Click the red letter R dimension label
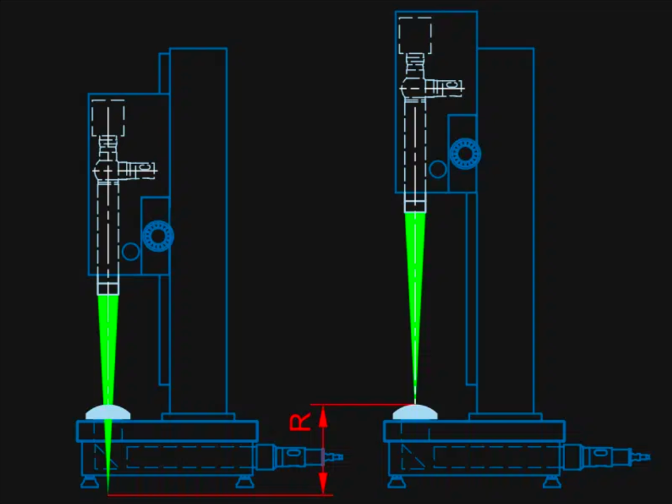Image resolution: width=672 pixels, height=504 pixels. click(300, 422)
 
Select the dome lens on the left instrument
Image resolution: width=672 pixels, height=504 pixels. click(108, 412)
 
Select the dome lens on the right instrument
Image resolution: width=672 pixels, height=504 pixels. click(415, 412)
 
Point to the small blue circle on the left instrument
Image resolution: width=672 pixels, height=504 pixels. click(131, 251)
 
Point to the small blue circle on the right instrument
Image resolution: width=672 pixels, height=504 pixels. click(438, 169)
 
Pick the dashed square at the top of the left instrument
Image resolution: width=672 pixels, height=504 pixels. click(108, 118)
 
